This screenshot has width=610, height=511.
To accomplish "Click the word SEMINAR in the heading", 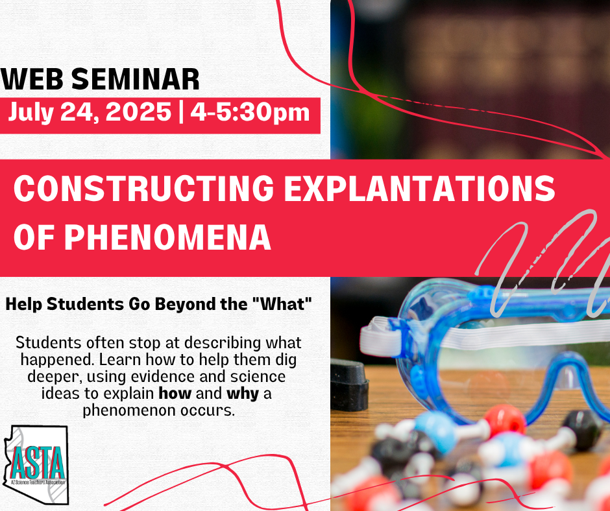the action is [136, 79].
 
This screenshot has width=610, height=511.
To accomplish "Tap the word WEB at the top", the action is [32, 79].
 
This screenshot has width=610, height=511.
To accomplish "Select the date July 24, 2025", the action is [90, 112].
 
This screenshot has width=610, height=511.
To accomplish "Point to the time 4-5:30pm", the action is [250, 113].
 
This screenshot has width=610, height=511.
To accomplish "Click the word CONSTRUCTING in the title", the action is [144, 188].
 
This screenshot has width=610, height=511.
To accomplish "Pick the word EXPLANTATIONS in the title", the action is [420, 188].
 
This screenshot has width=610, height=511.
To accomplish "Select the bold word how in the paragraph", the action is [175, 394].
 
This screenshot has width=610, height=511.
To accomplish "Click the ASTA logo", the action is [36, 464].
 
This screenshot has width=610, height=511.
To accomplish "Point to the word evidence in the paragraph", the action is [163, 377].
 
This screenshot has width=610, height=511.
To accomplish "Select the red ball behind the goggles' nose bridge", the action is [505, 421].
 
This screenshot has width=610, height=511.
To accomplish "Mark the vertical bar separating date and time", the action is [181, 112].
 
